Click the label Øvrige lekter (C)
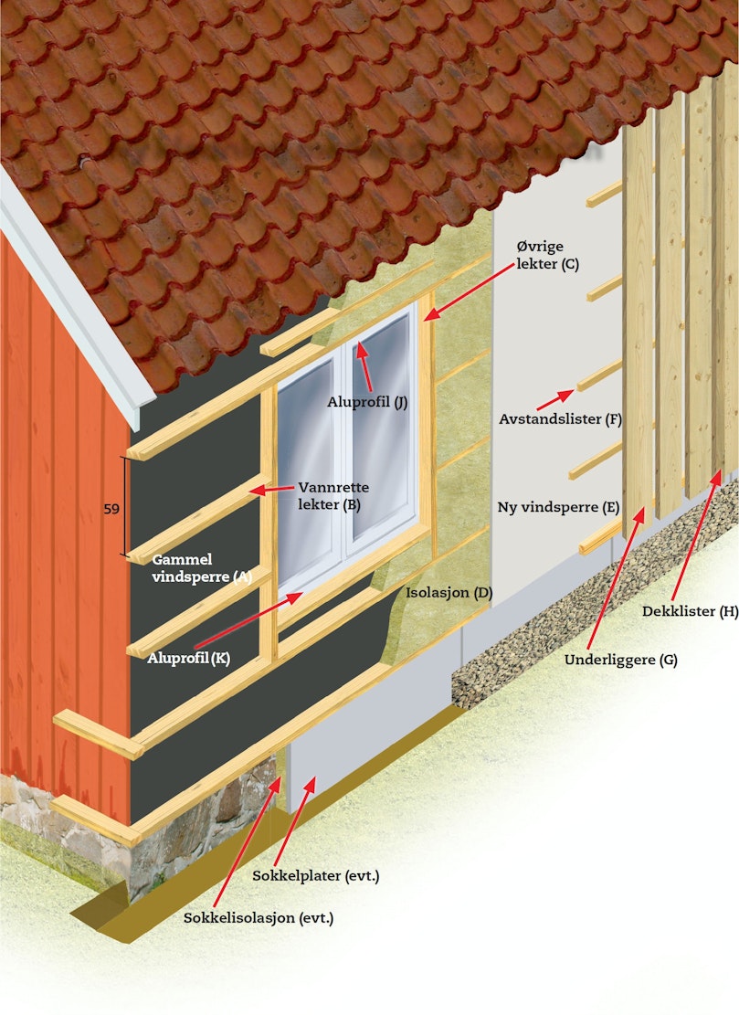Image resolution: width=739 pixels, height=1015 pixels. tap(547, 255)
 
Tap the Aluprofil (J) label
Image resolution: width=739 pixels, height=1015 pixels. tap(367, 402)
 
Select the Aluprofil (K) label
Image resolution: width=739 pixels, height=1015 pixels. tap(188, 659)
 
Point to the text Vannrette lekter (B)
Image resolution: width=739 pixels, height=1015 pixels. tap(333, 496)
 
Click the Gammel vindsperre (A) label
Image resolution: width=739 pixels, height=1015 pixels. tap(201, 567)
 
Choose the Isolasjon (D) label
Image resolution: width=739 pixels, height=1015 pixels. tap(449, 592)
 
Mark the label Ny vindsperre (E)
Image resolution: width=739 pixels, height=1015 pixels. tap(558, 507)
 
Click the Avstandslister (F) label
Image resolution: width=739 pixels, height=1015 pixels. tap(560, 418)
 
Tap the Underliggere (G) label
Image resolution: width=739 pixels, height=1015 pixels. tap(620, 661)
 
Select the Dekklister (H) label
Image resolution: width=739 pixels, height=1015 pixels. tap(690, 611)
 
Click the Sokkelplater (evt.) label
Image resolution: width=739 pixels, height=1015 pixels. tap(316, 876)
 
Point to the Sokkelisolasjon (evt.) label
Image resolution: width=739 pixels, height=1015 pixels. tap(259, 918)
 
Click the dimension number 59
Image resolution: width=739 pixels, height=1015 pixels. tap(111, 509)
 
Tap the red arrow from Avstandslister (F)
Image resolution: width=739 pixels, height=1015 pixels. tap(555, 400)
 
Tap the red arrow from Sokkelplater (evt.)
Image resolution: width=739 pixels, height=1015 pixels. tap(299, 820)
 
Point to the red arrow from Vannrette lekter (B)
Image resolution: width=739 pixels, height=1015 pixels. tap(271, 489)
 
